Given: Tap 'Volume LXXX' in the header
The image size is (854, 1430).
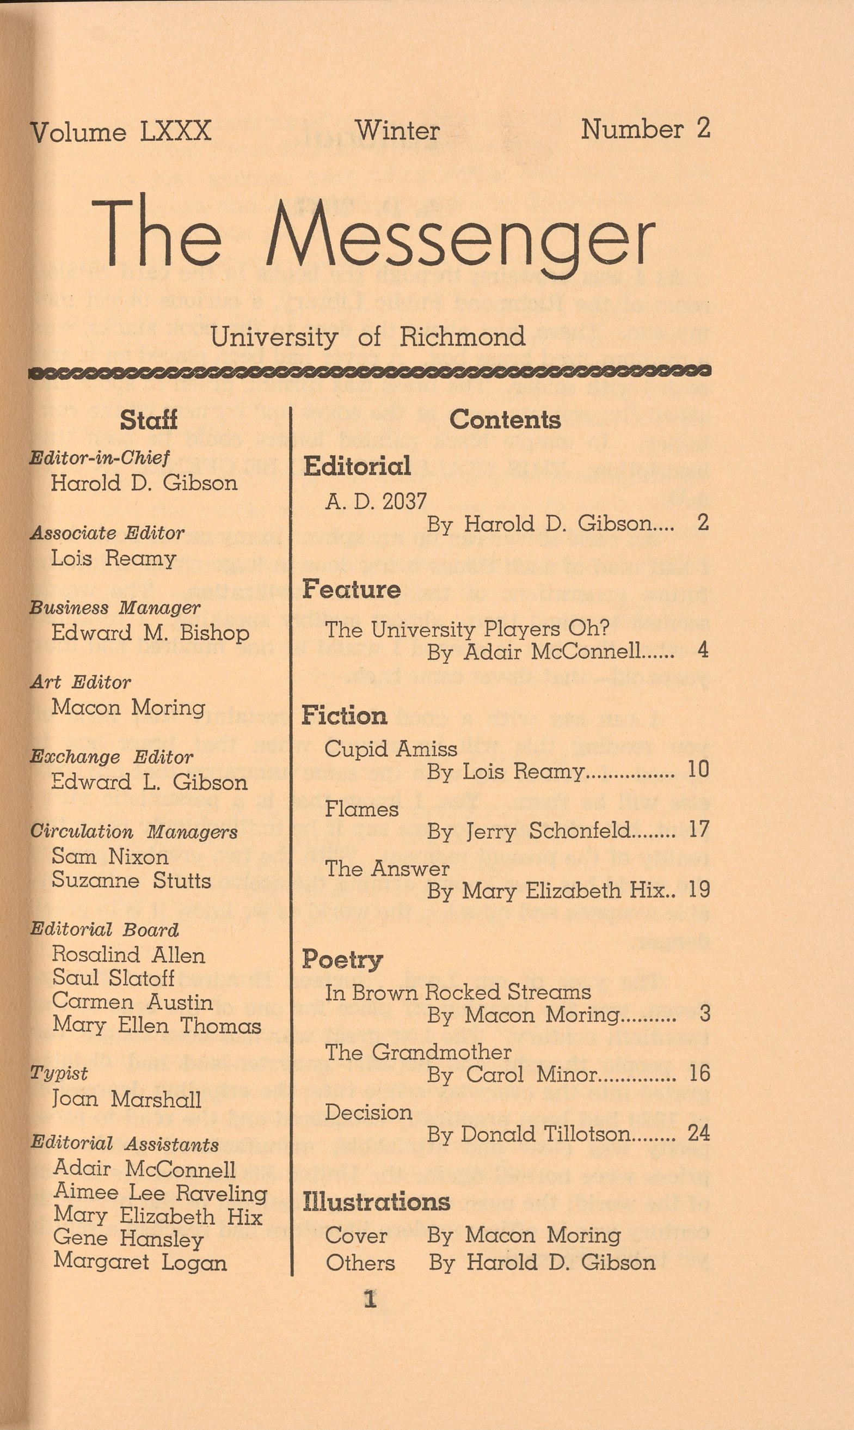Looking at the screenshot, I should coord(121,132).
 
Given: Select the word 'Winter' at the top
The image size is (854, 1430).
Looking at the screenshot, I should coord(397,130).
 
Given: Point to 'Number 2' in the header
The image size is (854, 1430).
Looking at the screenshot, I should coord(645,129).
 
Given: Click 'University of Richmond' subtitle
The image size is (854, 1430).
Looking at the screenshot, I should coord(368,337).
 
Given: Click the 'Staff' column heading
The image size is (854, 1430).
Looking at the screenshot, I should coord(149,420).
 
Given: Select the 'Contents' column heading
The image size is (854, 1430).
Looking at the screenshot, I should coord(505,420).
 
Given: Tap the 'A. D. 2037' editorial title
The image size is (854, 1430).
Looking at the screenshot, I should coord(376,502).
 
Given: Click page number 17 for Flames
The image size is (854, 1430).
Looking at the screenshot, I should coord(699,829).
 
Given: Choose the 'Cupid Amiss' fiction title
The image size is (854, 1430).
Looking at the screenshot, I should coord(391,749).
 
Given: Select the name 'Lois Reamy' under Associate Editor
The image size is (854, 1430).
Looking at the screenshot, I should coord(113,558).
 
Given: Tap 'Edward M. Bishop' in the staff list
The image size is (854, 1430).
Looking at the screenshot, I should coord(150,633).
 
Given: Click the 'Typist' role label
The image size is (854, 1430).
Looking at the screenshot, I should coord(59,1073).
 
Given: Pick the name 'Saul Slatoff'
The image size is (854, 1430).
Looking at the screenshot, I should coord(113,977).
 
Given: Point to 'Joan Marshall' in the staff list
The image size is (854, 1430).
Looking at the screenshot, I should coord(127,1099).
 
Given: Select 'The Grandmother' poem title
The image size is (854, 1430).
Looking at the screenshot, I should coord(418,1052).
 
